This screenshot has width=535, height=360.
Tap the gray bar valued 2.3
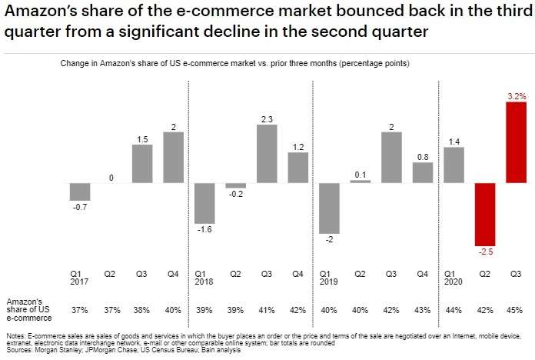pos(267,153)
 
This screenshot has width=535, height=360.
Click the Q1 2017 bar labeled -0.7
pos(80,191)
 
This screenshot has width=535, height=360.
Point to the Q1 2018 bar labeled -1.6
pos(204,202)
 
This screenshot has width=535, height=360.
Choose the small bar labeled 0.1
pos(360,182)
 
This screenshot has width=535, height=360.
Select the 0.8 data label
pos(423,157)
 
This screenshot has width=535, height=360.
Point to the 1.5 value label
pos(141,139)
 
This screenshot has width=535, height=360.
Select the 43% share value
pos(422,309)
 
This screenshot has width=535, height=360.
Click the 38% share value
pos(141,309)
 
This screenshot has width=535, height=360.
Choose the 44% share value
pos(453,309)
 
